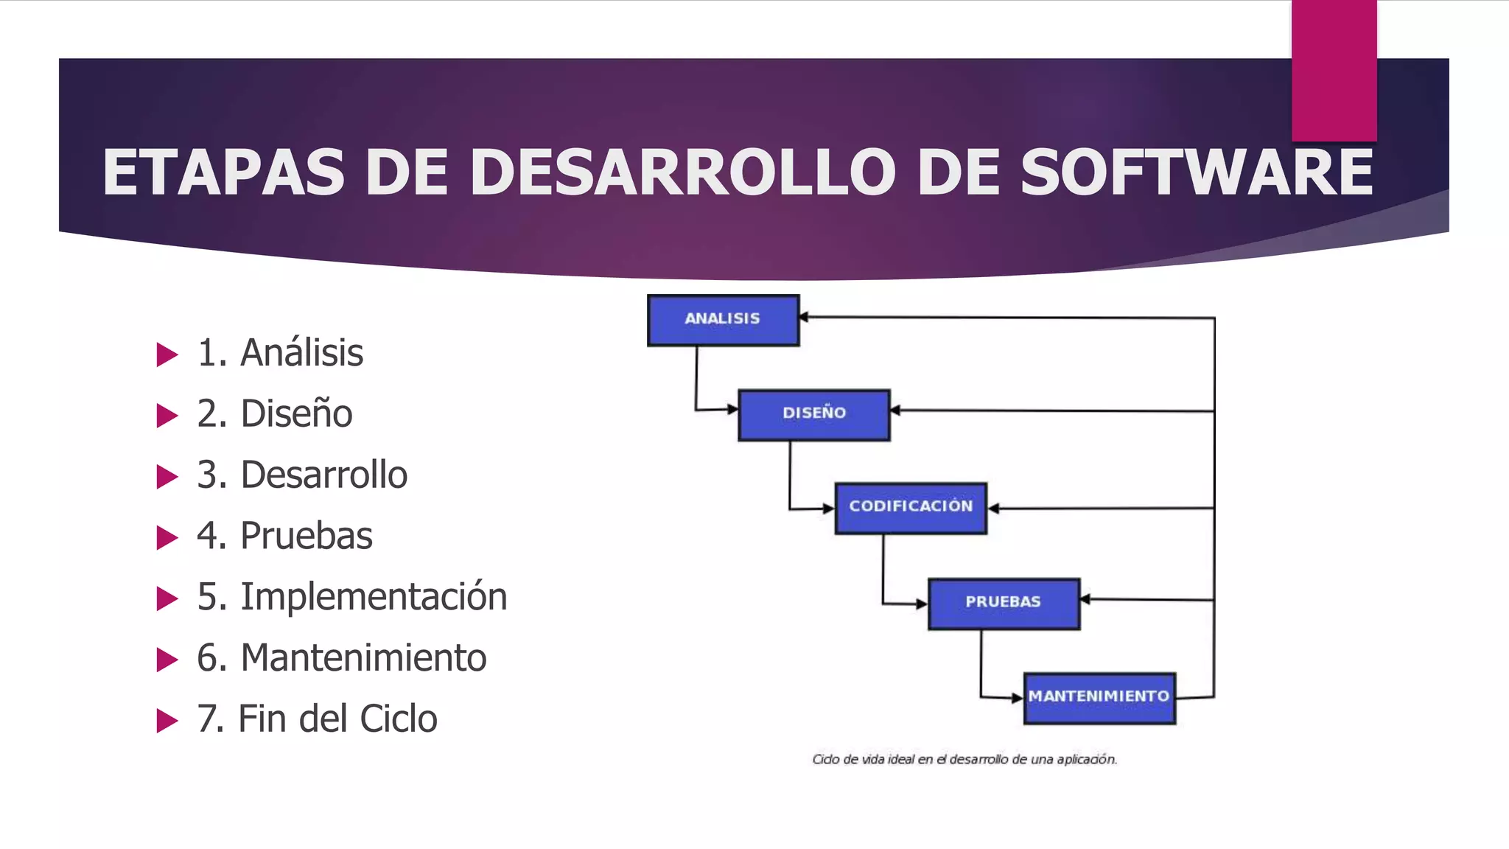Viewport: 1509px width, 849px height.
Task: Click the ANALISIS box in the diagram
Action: click(723, 320)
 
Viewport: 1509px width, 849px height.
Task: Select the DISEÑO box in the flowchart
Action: click(814, 415)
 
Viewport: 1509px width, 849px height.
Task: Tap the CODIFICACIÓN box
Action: click(911, 508)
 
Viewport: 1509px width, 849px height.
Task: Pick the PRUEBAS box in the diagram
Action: click(1004, 603)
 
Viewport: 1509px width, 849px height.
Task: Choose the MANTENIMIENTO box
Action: click(1099, 697)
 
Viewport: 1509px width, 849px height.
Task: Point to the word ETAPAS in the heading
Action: click(223, 172)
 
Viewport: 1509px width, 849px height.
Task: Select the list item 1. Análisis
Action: click(280, 353)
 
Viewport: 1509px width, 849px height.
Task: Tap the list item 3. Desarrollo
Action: click(302, 475)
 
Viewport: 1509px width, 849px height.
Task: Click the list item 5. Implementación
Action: click(351, 597)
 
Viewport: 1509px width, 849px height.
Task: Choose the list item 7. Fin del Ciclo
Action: click(317, 719)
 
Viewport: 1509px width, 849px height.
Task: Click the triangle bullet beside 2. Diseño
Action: click(167, 416)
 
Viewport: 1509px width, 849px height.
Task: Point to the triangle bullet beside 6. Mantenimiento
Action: click(167, 660)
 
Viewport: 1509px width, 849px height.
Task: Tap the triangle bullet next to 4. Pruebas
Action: click(167, 538)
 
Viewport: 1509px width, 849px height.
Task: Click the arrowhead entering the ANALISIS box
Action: click(805, 317)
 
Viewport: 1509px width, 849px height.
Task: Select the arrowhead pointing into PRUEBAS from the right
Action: click(1085, 599)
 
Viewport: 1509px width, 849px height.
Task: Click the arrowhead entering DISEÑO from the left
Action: click(732, 409)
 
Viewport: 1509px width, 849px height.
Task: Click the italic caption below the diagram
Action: click(964, 759)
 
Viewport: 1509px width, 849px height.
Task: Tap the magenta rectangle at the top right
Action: click(1334, 70)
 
